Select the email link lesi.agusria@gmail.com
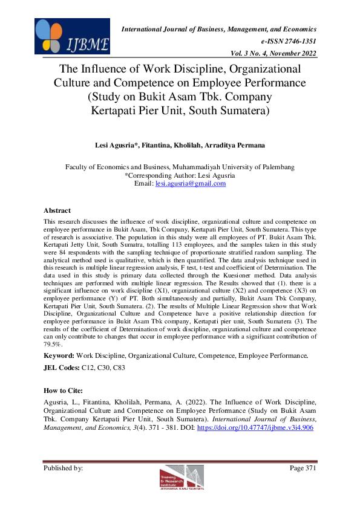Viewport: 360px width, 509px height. [x=191, y=183]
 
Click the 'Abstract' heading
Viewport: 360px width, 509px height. [x=58, y=210]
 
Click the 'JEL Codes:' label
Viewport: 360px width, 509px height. [x=63, y=368]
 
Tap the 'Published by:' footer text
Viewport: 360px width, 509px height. [x=64, y=468]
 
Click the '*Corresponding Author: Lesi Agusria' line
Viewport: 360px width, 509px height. [x=180, y=175]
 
